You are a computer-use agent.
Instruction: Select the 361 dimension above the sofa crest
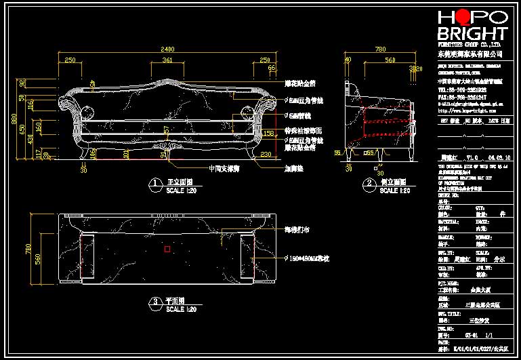[x=167, y=60]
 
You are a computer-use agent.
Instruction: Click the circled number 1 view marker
[x=155, y=183]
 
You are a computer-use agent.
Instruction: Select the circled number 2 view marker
[x=369, y=183]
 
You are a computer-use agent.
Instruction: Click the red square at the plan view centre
[x=167, y=249]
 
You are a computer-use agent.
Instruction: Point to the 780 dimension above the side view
[x=380, y=49]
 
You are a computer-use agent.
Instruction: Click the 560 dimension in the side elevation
[x=390, y=60]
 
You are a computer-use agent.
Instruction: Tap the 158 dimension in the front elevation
[x=268, y=133]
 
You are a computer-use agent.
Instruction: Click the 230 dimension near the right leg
[x=265, y=154]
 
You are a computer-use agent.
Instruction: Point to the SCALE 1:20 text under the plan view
[x=181, y=309]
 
